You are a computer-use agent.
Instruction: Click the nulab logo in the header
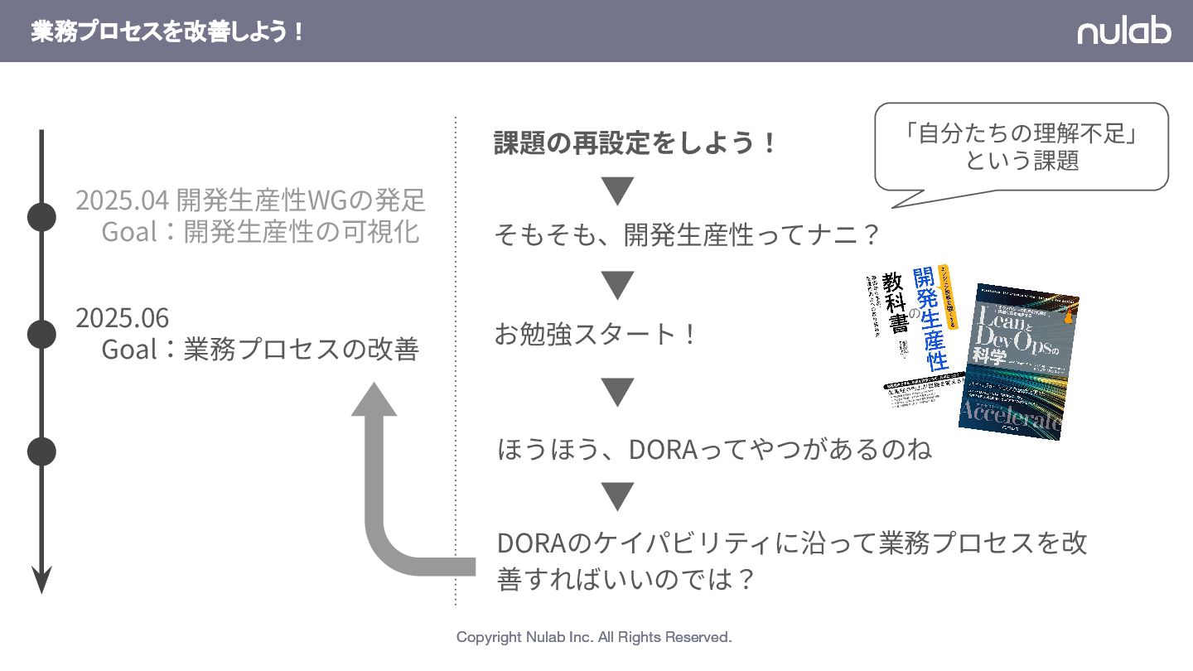click(x=1123, y=31)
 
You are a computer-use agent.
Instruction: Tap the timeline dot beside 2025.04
click(x=41, y=217)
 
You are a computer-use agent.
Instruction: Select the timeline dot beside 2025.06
click(x=41, y=334)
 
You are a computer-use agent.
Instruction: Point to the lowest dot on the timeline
click(x=41, y=451)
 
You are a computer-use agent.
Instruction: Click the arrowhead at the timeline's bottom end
click(x=41, y=580)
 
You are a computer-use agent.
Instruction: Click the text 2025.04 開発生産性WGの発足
click(x=250, y=200)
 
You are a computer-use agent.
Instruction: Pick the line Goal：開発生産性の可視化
click(x=260, y=232)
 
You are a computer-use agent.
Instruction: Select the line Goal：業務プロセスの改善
click(x=260, y=350)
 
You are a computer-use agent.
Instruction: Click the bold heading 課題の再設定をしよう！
click(x=636, y=143)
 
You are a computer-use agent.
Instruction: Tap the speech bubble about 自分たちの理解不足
click(x=1022, y=147)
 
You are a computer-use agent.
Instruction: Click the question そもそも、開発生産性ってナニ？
click(x=687, y=235)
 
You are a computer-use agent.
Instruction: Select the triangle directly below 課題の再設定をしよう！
click(x=617, y=191)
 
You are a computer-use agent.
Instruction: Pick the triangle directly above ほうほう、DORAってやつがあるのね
click(x=617, y=392)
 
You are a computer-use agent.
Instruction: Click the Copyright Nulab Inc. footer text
click(x=594, y=637)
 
